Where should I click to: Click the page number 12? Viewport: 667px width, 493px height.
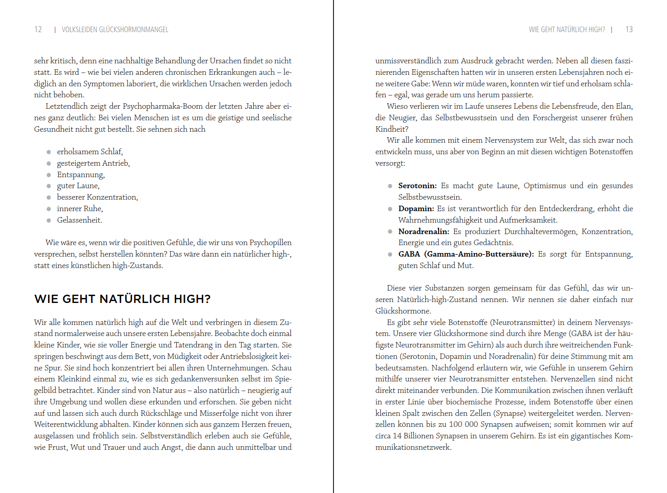(38, 29)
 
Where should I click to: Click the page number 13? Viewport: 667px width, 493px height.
(629, 29)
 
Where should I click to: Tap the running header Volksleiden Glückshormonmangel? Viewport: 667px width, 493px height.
(115, 29)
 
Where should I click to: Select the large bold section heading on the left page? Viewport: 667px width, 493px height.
(122, 299)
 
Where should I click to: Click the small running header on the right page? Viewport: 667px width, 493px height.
(567, 29)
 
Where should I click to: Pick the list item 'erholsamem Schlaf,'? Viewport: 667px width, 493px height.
(90, 151)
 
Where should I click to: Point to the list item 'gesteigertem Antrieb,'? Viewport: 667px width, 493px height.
(93, 163)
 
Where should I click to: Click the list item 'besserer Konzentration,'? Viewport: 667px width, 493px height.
(97, 197)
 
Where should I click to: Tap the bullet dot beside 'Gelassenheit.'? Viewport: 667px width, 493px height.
(49, 220)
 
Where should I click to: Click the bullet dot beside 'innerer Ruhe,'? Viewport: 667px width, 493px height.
(49, 209)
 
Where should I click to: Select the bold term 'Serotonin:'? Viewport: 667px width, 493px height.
(417, 185)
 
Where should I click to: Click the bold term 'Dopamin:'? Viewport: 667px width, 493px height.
(416, 208)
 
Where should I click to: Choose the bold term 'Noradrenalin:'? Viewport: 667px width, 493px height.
(423, 231)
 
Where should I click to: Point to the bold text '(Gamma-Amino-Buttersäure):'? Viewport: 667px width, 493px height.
(479, 254)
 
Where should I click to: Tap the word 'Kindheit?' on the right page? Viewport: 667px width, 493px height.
(392, 129)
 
